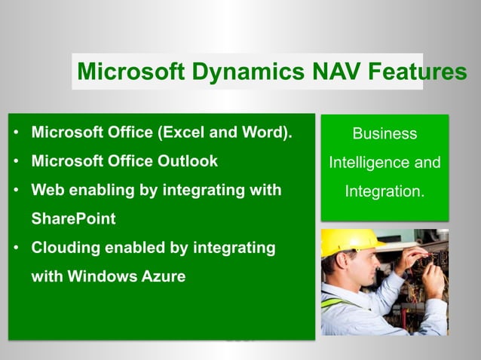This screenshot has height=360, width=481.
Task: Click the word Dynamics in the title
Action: point(240,72)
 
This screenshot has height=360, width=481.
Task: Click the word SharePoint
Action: point(73,218)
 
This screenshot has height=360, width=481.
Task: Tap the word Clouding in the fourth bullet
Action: point(64,247)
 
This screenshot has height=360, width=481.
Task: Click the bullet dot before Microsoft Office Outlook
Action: point(16,162)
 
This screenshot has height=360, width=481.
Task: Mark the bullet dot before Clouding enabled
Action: point(16,248)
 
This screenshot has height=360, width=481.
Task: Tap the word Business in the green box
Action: point(384,134)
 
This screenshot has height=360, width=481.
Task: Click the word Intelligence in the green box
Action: point(371,163)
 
